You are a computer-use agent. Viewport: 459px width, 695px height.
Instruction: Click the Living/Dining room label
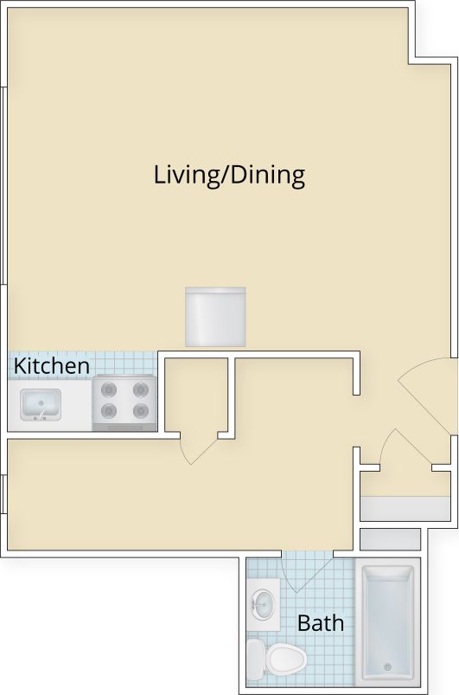229,176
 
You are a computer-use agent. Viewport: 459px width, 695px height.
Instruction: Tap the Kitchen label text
52,366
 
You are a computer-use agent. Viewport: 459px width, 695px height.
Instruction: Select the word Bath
320,622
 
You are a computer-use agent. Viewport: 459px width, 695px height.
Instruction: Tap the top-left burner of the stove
109,389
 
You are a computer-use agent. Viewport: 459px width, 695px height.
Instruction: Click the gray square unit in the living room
215,317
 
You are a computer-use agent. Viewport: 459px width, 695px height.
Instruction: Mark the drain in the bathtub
387,666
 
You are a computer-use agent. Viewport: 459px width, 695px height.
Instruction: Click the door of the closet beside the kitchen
196,448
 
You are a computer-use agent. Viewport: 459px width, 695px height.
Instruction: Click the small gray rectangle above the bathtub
389,538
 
